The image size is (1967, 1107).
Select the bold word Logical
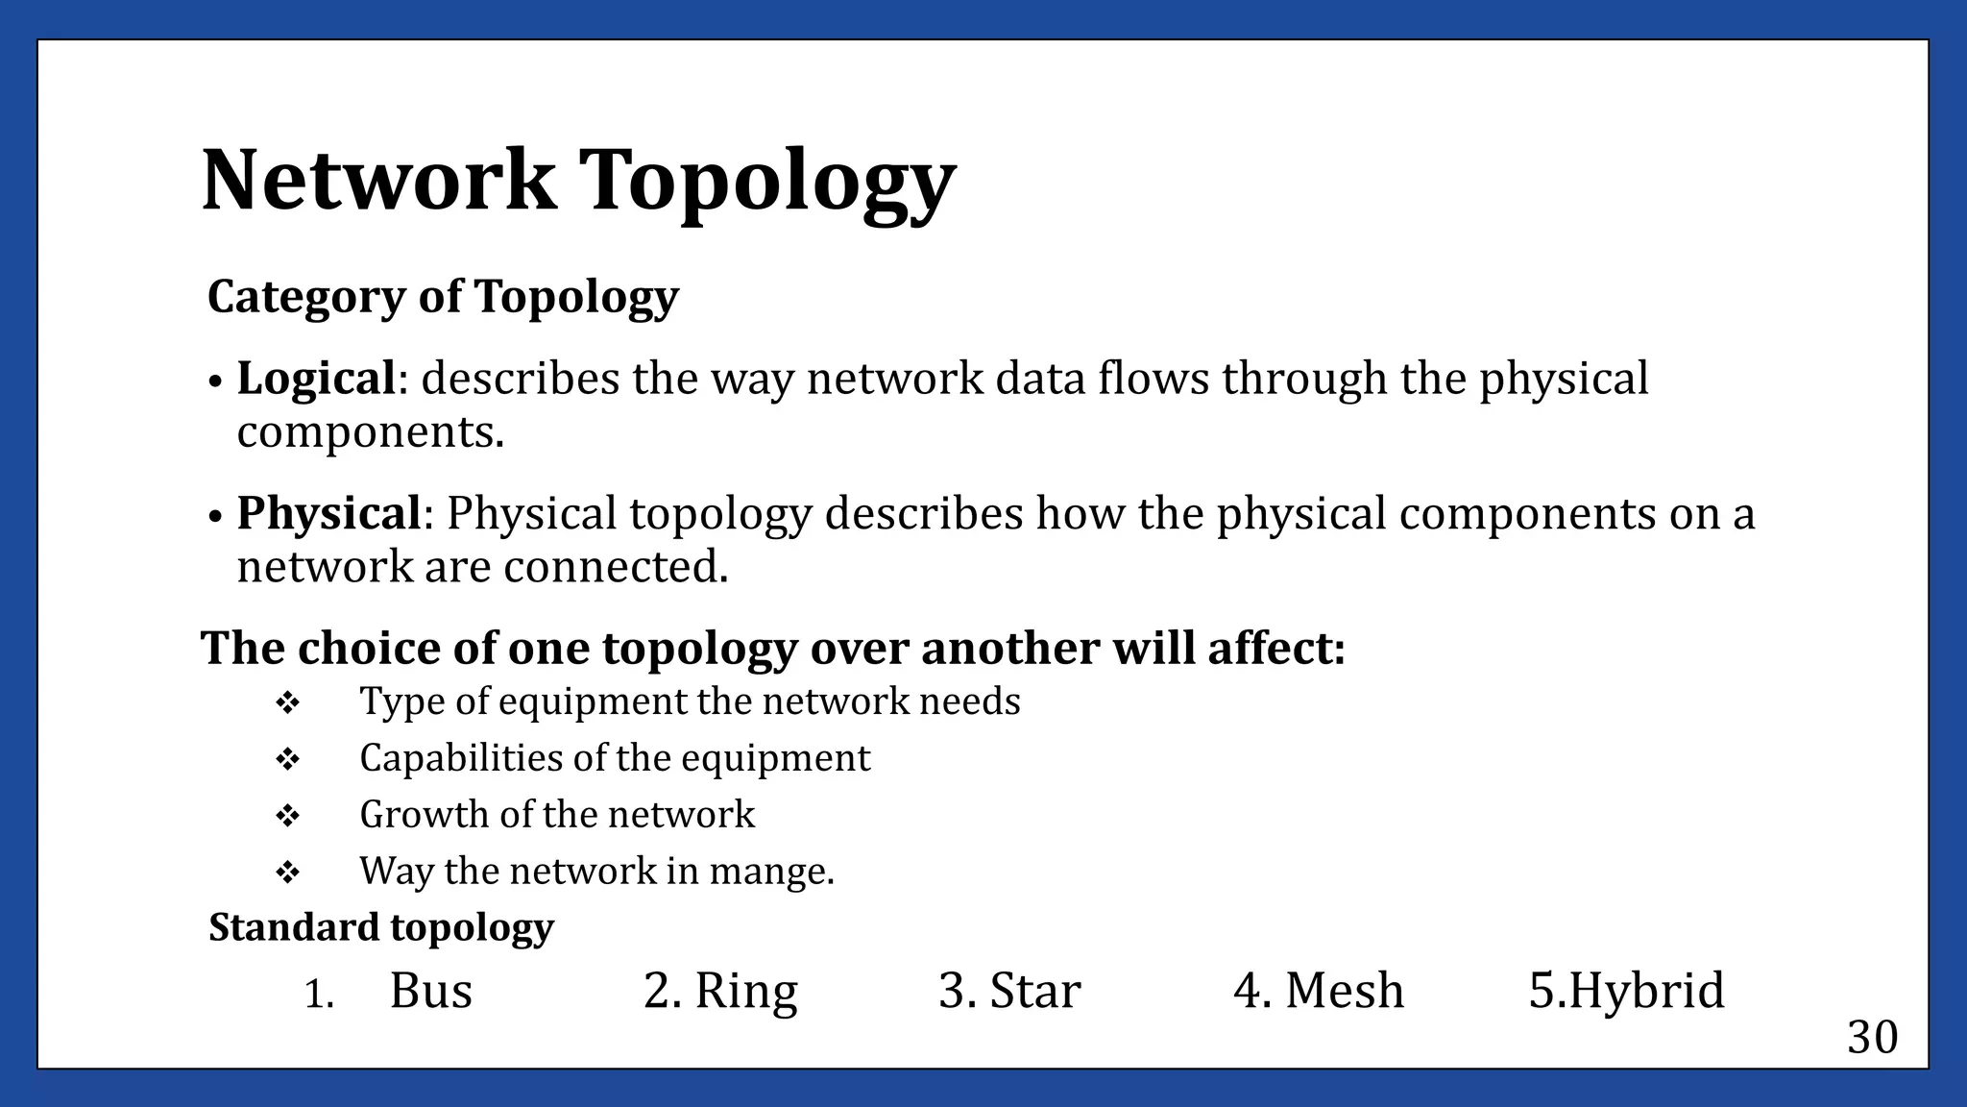[x=316, y=378]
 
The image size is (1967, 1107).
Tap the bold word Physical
[x=328, y=513]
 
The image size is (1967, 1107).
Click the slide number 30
[x=1872, y=1038]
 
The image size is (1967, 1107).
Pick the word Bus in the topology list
[x=430, y=991]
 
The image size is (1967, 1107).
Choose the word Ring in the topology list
[x=745, y=991]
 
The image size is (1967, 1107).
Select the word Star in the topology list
[x=1035, y=991]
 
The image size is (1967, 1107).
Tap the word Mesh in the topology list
[x=1345, y=991]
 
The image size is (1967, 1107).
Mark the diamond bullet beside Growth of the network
[x=287, y=817]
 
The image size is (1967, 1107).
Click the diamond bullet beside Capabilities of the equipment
[x=287, y=760]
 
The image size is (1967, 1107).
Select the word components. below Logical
[x=371, y=433]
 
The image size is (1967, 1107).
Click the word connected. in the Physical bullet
[x=616, y=567]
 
